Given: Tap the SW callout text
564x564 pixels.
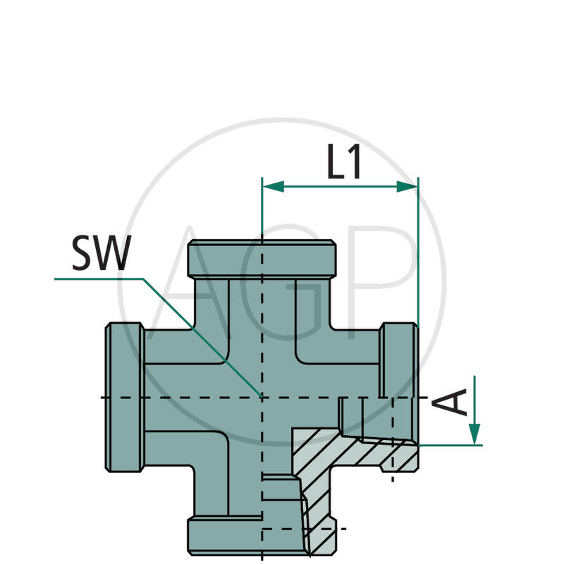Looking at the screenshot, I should pyautogui.click(x=101, y=255).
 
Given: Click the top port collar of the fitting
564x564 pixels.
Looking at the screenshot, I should pyautogui.click(x=261, y=259).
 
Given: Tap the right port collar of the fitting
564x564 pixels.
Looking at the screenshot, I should pyautogui.click(x=399, y=360).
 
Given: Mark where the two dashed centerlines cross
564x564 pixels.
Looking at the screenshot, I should pyautogui.click(x=262, y=398).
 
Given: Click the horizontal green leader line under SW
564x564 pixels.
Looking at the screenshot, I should pyautogui.click(x=99, y=279).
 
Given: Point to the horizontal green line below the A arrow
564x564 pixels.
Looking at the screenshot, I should pyautogui.click(x=451, y=445).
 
